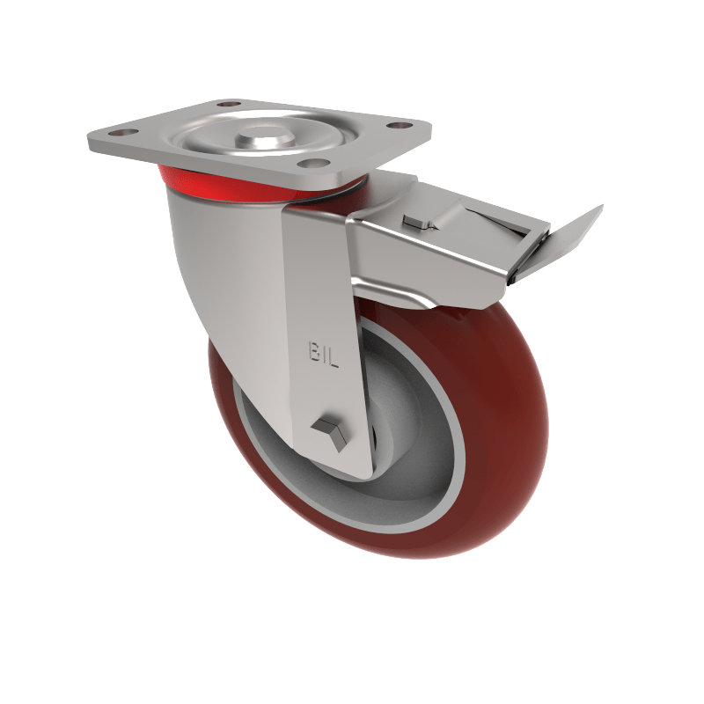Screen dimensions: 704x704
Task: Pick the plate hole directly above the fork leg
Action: click(x=307, y=163)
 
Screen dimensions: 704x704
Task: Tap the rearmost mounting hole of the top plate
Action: click(x=230, y=105)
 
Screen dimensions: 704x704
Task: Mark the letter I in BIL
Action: click(x=325, y=351)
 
